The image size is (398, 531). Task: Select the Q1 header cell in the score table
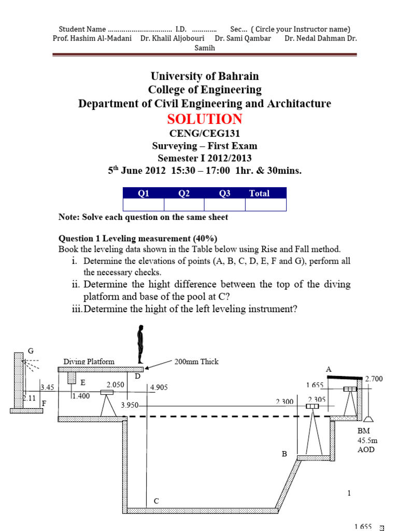(143, 193)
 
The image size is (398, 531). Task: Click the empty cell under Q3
(224, 205)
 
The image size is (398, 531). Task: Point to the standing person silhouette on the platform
(139, 344)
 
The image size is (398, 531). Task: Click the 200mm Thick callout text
(197, 361)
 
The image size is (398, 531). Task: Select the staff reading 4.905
(159, 387)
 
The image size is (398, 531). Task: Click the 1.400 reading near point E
(81, 396)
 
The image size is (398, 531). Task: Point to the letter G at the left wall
(31, 351)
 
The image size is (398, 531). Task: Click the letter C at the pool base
(156, 501)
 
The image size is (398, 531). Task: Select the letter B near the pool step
(284, 454)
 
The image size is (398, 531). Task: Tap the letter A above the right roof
(328, 369)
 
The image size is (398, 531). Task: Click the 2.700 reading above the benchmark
(374, 379)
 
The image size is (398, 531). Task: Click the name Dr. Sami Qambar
(243, 38)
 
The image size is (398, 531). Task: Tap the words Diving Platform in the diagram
(89, 361)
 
